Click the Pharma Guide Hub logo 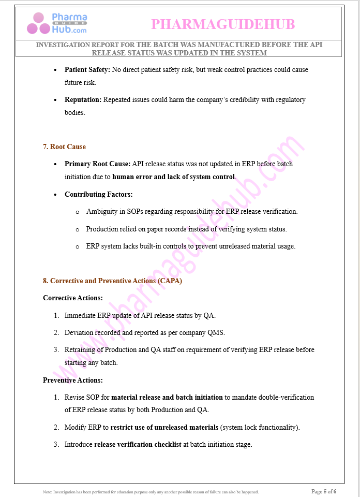[57, 23]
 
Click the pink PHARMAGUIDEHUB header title [223, 24]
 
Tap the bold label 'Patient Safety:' [87, 69]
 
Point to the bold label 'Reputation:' [83, 99]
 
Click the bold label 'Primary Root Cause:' [97, 164]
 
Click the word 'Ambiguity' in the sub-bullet [102, 211]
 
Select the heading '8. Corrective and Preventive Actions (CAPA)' [112, 281]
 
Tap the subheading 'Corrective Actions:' [72, 298]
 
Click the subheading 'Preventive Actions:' [72, 380]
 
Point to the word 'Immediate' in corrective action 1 [81, 315]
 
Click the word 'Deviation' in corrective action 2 [80, 332]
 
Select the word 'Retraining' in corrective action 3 [81, 349]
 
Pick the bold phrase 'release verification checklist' [138, 444]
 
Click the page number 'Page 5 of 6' [324, 491]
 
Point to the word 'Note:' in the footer [48, 492]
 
